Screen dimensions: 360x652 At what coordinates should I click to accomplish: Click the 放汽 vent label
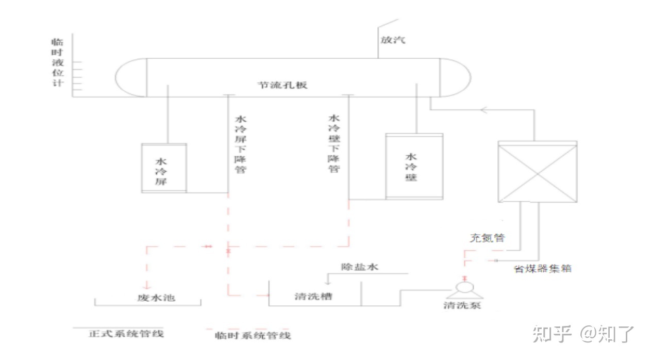[393, 40]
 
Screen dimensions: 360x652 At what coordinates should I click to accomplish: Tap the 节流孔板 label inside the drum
[282, 85]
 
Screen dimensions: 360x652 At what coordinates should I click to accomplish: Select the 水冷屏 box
[164, 168]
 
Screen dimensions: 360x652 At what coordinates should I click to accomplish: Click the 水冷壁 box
[414, 166]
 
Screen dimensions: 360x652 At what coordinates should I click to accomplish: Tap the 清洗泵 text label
[462, 305]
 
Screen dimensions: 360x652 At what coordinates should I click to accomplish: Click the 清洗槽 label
[314, 297]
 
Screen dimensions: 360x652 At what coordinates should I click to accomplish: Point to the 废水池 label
[150, 298]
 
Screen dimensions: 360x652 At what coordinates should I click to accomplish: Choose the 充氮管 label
[487, 238]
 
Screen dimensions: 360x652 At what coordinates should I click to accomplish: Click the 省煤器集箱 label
[542, 269]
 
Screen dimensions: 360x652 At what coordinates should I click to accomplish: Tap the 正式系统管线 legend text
[126, 333]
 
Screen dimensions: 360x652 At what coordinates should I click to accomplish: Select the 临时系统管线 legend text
[253, 336]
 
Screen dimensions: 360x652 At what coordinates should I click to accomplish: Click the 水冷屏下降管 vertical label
[240, 143]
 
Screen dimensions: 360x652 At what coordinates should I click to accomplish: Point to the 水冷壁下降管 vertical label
[334, 143]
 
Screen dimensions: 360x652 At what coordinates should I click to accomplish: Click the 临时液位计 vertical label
[58, 61]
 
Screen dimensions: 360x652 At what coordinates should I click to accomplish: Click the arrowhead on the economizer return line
[483, 109]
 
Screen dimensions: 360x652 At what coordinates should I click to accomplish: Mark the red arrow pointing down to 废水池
[147, 285]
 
